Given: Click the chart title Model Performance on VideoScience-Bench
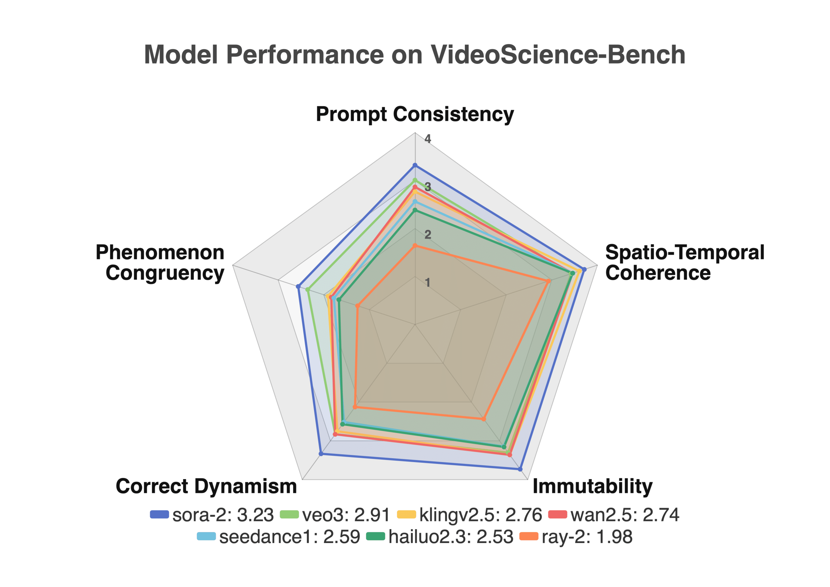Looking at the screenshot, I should (x=414, y=55).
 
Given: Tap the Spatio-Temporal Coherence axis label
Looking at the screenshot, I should (x=685, y=262).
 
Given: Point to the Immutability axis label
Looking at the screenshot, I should (x=593, y=486).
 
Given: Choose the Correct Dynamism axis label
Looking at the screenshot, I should (x=206, y=486).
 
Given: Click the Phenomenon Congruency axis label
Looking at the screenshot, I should (x=160, y=262).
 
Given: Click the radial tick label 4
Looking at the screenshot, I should (x=428, y=139).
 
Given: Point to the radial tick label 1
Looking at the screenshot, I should (x=428, y=282).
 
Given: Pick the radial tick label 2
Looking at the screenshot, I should (x=428, y=235).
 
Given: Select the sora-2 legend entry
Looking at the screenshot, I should (x=212, y=515).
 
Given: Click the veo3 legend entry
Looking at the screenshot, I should (x=335, y=515).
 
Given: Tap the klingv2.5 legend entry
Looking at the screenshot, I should (x=469, y=515).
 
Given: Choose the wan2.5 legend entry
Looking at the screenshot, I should (x=614, y=515).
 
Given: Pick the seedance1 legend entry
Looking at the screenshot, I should (x=279, y=537).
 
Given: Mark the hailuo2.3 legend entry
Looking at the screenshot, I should (x=440, y=537).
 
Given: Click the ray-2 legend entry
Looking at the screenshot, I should (x=576, y=537).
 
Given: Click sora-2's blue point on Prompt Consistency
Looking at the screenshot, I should (x=415, y=165).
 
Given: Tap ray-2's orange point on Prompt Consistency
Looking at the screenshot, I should (x=415, y=246).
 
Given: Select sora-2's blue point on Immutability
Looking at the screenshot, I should (x=520, y=469).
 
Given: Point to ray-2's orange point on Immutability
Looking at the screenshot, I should (x=484, y=419).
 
